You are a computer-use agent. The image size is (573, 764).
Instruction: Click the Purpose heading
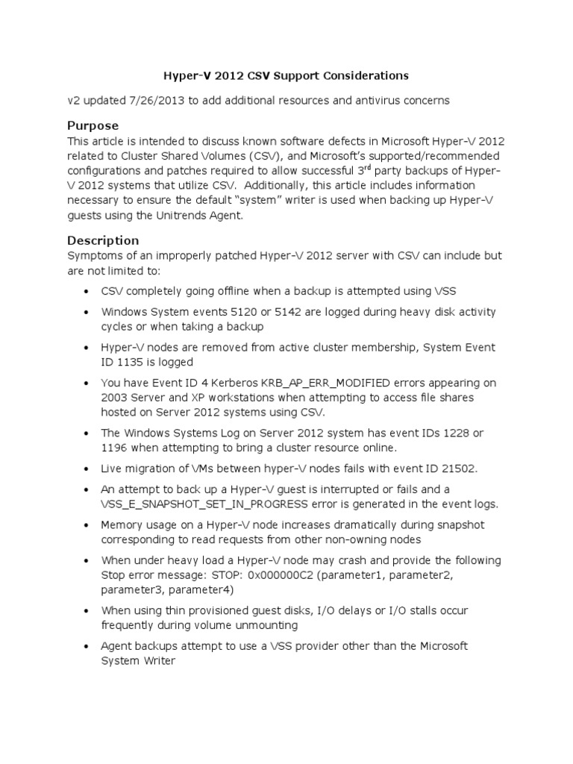[x=93, y=125]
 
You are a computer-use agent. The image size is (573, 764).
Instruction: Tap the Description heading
[x=103, y=240]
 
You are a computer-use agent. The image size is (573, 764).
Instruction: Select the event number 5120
[x=228, y=312]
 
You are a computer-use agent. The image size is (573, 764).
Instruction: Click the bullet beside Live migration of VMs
[x=88, y=469]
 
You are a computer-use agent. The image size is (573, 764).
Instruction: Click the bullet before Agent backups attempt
[x=88, y=646]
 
